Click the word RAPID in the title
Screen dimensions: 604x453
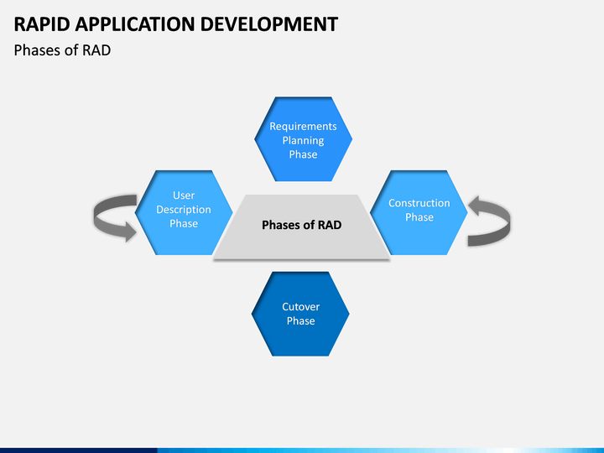pyautogui.click(x=42, y=24)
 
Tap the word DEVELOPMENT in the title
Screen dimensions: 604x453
pyautogui.click(x=269, y=24)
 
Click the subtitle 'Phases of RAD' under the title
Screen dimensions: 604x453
pyautogui.click(x=62, y=50)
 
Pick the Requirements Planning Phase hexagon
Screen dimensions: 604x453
pyautogui.click(x=303, y=139)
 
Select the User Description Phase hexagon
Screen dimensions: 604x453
pyautogui.click(x=184, y=212)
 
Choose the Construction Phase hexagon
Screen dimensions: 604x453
pyautogui.click(x=419, y=212)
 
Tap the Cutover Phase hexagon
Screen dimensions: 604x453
pyautogui.click(x=300, y=314)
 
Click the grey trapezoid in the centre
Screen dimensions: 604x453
pyautogui.click(x=302, y=226)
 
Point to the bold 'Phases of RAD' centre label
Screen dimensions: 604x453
pyautogui.click(x=302, y=225)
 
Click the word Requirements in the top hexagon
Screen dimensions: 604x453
pyautogui.click(x=303, y=127)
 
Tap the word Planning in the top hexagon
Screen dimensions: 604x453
pyautogui.click(x=303, y=141)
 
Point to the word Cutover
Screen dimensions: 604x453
pyautogui.click(x=301, y=307)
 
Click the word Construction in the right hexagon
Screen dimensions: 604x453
pyautogui.click(x=419, y=203)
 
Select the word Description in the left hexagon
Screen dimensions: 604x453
pyautogui.click(x=184, y=210)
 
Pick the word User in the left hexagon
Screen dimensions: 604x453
pyautogui.click(x=184, y=195)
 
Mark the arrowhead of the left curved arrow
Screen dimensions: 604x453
pyautogui.click(x=130, y=232)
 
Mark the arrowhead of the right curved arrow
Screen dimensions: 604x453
pyautogui.click(x=474, y=206)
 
